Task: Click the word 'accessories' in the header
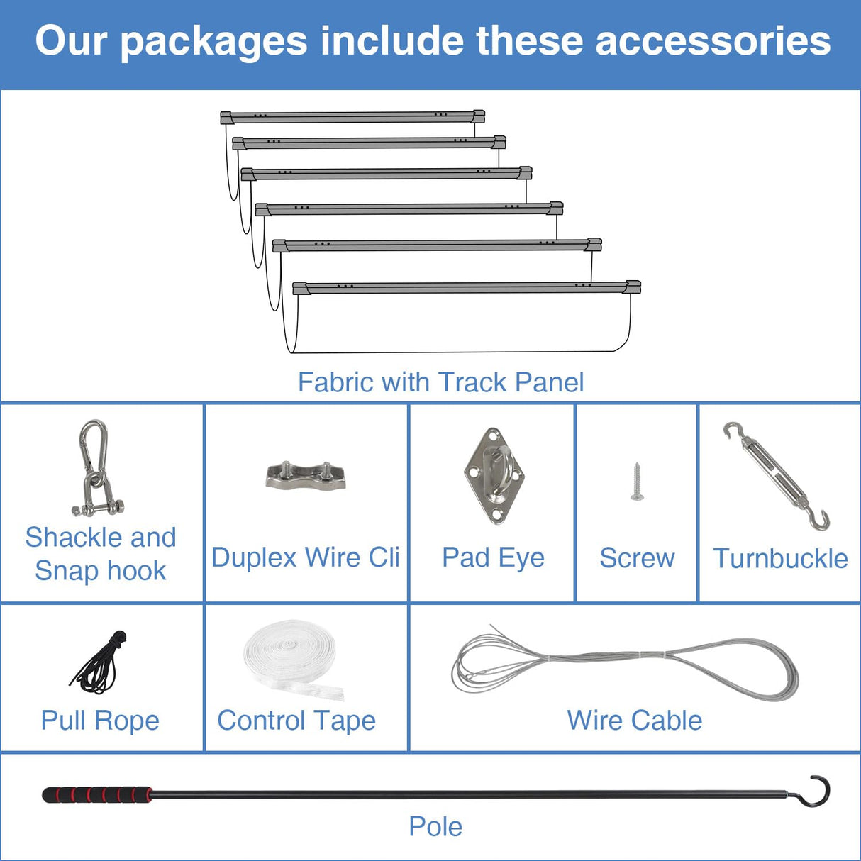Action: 713,40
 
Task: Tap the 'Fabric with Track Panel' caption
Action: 440,382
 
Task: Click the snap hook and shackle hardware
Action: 97,467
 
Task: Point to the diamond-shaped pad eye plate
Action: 494,476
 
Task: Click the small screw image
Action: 637,482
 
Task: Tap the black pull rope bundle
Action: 99,662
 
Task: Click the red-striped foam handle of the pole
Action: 97,794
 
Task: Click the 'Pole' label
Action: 435,826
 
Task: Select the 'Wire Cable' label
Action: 635,721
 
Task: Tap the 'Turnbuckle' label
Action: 780,558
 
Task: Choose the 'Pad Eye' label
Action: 494,558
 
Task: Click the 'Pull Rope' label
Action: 100,721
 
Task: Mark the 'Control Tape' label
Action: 296,721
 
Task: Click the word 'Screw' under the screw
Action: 637,558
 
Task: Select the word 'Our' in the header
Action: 72,40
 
